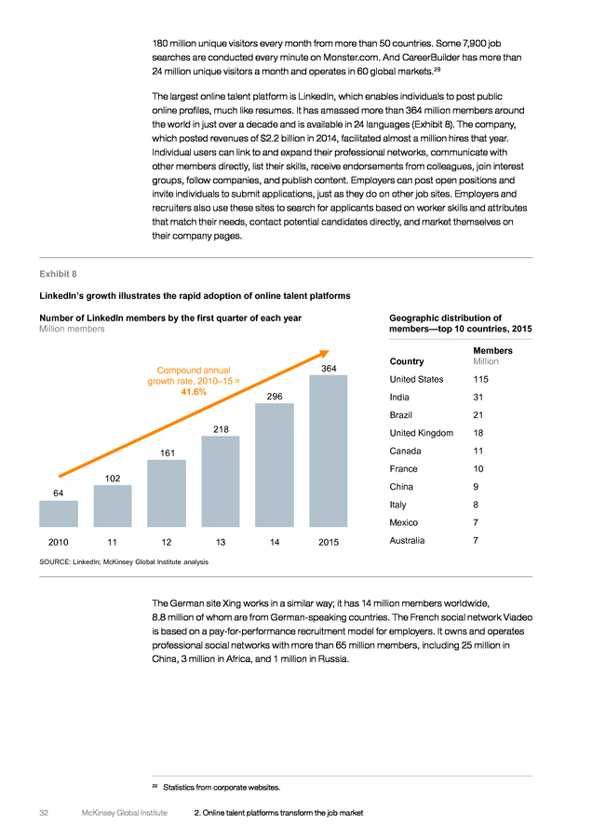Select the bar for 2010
pyautogui.click(x=59, y=514)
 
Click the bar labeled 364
pyautogui.click(x=328, y=451)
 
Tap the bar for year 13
pyautogui.click(x=221, y=481)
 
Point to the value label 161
pyautogui.click(x=168, y=453)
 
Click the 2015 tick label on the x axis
pyautogui.click(x=329, y=542)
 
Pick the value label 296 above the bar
pyautogui.click(x=275, y=396)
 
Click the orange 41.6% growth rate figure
pyautogui.click(x=194, y=392)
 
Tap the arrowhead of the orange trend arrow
pyautogui.click(x=325, y=353)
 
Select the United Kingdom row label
pyautogui.click(x=421, y=433)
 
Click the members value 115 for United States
pyautogui.click(x=481, y=379)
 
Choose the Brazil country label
pyautogui.click(x=401, y=414)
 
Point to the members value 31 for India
pyautogui.click(x=478, y=397)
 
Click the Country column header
pyautogui.click(x=407, y=361)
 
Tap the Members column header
pyautogui.click(x=492, y=351)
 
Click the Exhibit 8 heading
pyautogui.click(x=59, y=274)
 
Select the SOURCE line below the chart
pyautogui.click(x=124, y=561)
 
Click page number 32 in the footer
pyautogui.click(x=44, y=812)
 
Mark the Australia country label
pyautogui.click(x=407, y=540)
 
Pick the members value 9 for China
pyautogui.click(x=476, y=486)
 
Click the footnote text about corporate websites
pyautogui.click(x=222, y=787)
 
